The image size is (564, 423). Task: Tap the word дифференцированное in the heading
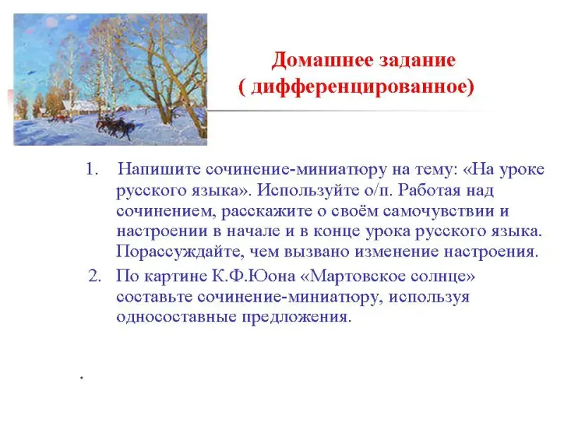tap(360, 87)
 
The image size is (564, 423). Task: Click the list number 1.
tap(92, 169)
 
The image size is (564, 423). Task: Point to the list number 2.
tap(94, 276)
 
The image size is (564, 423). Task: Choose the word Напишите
tap(159, 169)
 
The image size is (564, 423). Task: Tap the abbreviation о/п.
tap(378, 190)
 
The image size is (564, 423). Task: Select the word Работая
tap(429, 190)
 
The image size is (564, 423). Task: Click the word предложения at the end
tap(296, 317)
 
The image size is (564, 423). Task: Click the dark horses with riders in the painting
tap(115, 127)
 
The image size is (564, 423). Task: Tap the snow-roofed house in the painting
tap(80, 107)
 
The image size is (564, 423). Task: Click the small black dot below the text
tap(82, 378)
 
